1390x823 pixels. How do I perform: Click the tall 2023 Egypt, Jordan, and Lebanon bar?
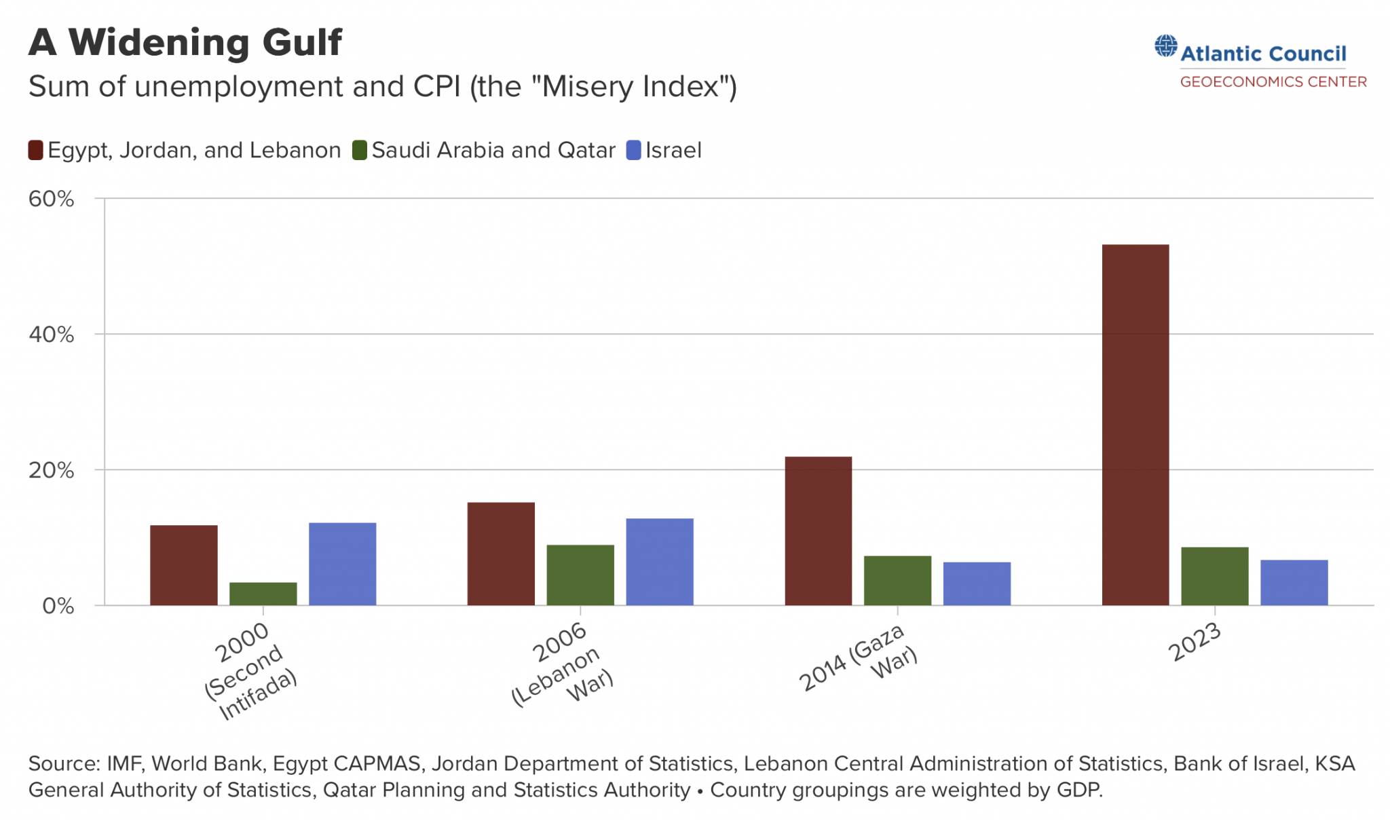[1135, 425]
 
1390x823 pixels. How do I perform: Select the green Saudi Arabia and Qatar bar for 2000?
[263, 594]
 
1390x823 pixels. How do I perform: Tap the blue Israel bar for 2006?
[659, 562]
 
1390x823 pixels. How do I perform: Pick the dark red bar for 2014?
[818, 531]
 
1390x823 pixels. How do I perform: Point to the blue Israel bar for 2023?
[1294, 582]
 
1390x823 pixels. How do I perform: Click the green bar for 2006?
[580, 575]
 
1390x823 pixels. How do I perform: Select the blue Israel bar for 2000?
[342, 564]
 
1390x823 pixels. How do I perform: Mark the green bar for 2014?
[897, 580]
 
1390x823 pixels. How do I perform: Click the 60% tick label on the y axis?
[51, 199]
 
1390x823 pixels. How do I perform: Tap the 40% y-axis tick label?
[51, 334]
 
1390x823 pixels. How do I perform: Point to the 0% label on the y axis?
[58, 606]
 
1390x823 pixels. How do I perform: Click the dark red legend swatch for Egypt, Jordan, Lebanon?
[35, 150]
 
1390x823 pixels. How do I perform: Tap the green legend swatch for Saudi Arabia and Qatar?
[360, 150]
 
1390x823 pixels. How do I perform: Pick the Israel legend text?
[673, 150]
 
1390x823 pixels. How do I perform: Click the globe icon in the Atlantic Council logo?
[1166, 46]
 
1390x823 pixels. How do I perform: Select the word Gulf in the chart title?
[302, 42]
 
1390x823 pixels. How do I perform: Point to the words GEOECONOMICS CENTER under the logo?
[1273, 82]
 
